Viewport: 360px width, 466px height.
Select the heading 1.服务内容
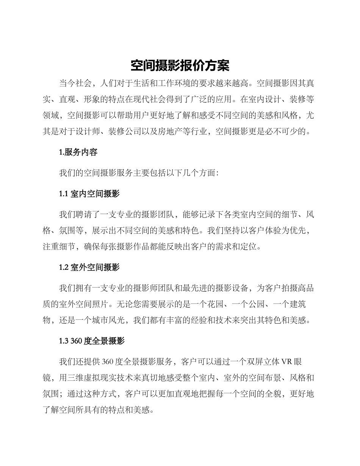78,152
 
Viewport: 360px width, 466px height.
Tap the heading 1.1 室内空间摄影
89,194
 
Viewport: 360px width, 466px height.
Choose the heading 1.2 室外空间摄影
89,267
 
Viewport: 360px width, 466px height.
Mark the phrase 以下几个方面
189,173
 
